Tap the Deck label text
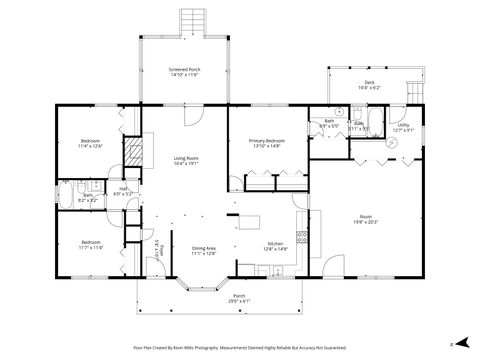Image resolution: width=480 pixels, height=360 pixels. pyautogui.click(x=370, y=87)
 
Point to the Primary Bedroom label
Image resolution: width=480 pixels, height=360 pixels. pyautogui.click(x=267, y=144)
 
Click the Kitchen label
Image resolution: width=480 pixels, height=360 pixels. pyautogui.click(x=275, y=247)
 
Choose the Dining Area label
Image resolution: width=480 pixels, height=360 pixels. pyautogui.click(x=204, y=250)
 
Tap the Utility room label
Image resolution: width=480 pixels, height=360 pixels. pyautogui.click(x=403, y=127)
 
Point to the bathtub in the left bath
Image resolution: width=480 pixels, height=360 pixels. pyautogui.click(x=67, y=192)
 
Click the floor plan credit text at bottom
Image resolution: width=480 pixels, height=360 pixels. pyautogui.click(x=239, y=347)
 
